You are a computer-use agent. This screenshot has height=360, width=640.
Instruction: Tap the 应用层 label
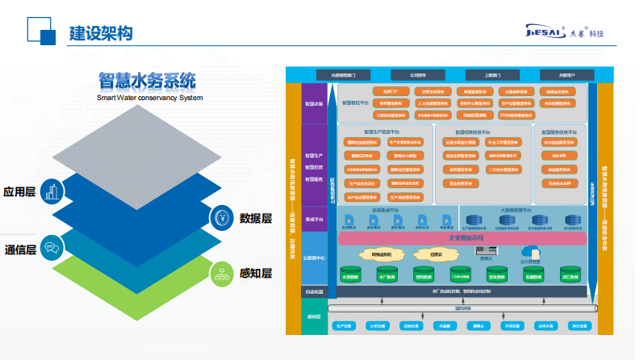tap(20, 192)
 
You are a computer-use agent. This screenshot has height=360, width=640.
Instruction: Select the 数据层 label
tap(255, 218)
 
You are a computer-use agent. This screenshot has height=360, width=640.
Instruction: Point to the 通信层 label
tap(20, 249)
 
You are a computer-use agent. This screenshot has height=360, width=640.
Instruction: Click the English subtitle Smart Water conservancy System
tap(149, 98)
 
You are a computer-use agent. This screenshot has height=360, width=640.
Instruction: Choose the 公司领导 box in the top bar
tap(417, 74)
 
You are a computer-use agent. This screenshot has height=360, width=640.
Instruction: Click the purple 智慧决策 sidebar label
tap(313, 104)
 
